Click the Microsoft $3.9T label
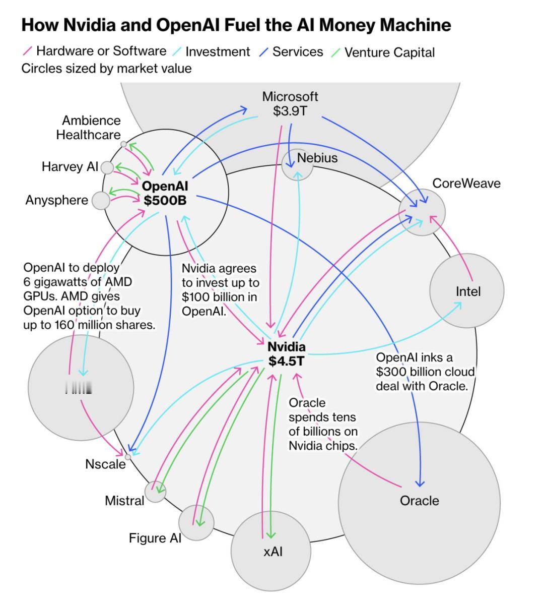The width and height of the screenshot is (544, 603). point(290,104)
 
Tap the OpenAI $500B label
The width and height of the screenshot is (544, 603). point(165,194)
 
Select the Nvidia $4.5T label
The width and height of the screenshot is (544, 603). point(286,354)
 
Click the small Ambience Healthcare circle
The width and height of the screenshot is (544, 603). point(123,144)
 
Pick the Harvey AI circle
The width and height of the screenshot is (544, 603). point(107,167)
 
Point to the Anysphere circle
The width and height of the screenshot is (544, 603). point(101,201)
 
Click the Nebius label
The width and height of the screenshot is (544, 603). point(317,158)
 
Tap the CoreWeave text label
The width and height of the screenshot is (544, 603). point(466,184)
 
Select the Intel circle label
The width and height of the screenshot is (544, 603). point(468,291)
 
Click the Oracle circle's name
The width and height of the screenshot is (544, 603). point(419,501)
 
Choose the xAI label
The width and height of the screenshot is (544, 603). point(273,552)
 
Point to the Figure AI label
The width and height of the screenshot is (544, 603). point(155,538)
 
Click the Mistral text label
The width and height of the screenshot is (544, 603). point(124,501)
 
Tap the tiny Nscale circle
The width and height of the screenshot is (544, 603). point(127,457)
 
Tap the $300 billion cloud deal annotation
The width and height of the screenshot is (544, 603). point(425,372)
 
